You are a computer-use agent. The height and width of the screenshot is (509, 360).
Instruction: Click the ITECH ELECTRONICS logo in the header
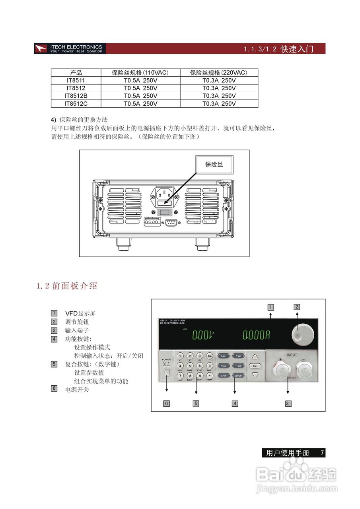click(x=70, y=49)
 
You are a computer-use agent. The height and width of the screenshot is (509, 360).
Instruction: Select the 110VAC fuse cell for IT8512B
click(x=140, y=96)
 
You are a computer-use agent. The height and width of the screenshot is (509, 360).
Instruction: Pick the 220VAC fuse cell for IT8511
click(x=219, y=80)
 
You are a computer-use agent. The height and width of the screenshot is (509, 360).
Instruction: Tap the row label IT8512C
click(x=76, y=104)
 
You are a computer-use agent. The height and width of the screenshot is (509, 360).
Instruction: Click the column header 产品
click(x=76, y=73)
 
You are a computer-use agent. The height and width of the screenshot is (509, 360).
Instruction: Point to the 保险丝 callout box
click(x=214, y=164)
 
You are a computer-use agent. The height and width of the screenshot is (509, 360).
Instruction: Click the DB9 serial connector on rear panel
click(x=171, y=222)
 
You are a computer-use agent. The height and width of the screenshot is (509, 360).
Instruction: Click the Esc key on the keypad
click(x=210, y=356)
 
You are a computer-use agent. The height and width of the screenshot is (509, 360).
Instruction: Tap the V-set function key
click(x=239, y=356)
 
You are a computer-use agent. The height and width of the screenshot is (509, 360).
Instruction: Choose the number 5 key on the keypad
click(x=190, y=366)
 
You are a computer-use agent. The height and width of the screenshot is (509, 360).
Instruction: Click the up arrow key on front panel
click(x=255, y=357)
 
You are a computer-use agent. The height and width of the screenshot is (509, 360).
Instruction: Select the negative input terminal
click(x=305, y=371)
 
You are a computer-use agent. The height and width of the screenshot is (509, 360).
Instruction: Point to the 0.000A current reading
click(x=257, y=335)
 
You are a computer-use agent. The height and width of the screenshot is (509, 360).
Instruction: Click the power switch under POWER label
click(x=167, y=373)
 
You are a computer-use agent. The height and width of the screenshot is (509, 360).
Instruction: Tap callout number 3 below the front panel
click(x=287, y=403)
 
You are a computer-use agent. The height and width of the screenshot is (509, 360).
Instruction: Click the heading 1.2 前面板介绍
click(x=67, y=286)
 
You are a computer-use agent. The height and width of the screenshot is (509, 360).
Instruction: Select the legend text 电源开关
click(x=77, y=389)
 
